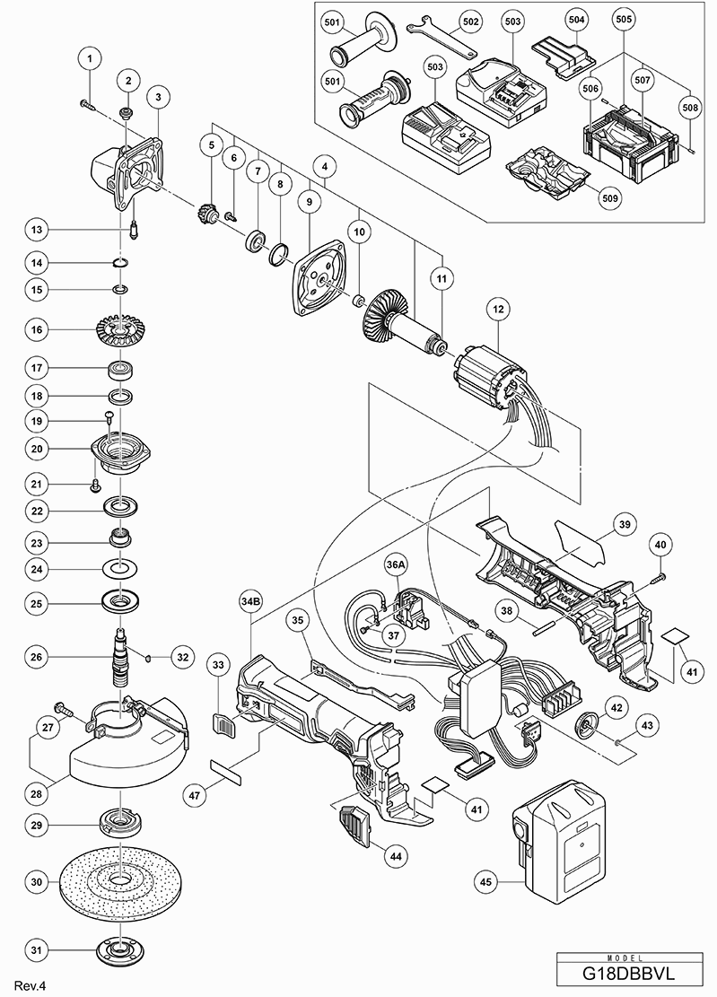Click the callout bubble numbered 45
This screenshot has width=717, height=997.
(485, 882)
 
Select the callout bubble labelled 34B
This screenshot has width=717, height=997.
(250, 599)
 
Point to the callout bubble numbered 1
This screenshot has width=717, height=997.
(89, 59)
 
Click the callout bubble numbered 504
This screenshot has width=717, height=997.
(578, 19)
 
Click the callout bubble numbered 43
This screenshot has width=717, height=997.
(647, 723)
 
